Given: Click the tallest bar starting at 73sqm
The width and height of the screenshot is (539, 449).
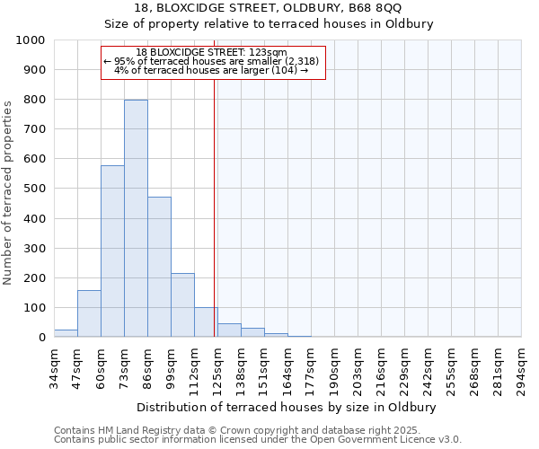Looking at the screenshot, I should click(136, 218).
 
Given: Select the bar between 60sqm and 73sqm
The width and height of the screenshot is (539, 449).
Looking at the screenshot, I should click(112, 251).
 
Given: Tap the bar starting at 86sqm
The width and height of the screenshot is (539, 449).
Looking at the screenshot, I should click(159, 267).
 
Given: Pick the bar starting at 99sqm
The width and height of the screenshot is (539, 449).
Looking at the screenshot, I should click(182, 305).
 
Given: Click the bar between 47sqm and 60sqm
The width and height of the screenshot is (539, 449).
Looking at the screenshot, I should click(89, 313).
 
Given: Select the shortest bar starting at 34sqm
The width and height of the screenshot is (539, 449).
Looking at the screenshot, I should click(66, 333).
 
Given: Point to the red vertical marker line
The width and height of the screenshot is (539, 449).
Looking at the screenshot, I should click(214, 207).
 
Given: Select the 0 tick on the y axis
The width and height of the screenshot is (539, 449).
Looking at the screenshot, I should click(41, 338).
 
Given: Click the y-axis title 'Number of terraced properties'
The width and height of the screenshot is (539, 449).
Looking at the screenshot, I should click(8, 192).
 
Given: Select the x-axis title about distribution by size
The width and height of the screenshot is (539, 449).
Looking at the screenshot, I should click(287, 407).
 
